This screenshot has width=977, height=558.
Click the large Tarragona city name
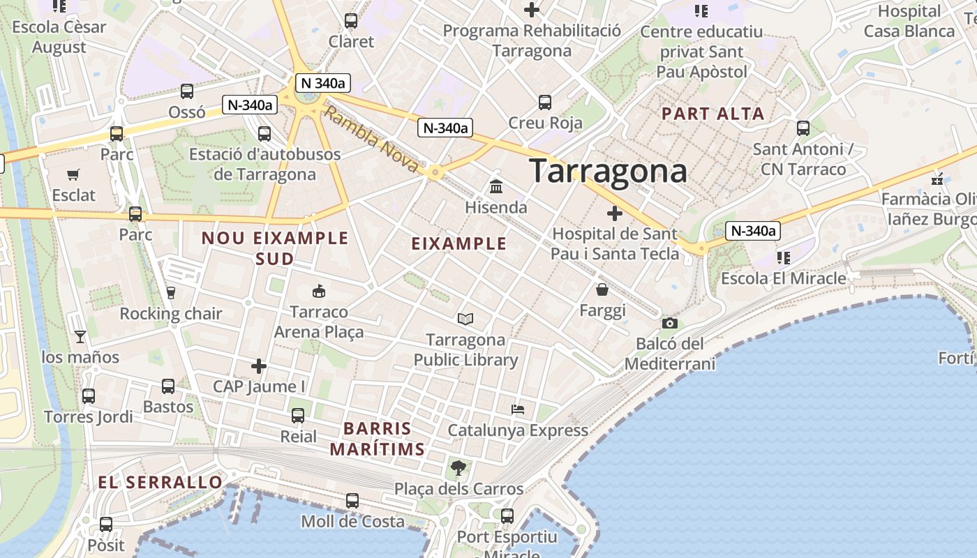[x=608, y=171]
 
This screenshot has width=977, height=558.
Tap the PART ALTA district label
[x=713, y=113]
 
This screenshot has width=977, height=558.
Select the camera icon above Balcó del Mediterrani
[x=670, y=323]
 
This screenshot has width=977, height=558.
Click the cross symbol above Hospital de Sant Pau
[x=615, y=213]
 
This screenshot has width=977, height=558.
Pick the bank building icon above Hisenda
[x=496, y=186]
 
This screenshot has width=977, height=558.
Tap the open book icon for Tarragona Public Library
[x=465, y=319]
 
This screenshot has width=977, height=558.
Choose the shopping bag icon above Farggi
[x=602, y=289]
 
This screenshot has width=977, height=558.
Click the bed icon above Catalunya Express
[x=518, y=409]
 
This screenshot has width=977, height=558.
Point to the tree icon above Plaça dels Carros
[x=458, y=467]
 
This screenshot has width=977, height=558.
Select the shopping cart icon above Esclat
[x=73, y=174]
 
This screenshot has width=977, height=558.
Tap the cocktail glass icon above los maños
[x=80, y=337]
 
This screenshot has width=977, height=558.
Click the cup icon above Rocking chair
[x=170, y=292]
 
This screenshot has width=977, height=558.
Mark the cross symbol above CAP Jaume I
[x=259, y=365]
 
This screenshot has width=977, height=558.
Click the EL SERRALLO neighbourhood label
[x=160, y=482]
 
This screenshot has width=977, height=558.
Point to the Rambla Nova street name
[x=373, y=141]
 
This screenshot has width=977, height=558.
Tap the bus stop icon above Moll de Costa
[x=352, y=501]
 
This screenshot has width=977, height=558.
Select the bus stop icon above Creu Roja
[x=545, y=103]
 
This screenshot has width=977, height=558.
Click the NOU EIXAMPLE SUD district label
[x=274, y=248]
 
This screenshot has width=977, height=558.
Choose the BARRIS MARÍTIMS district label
[x=378, y=439]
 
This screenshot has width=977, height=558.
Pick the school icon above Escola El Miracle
[x=784, y=258]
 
